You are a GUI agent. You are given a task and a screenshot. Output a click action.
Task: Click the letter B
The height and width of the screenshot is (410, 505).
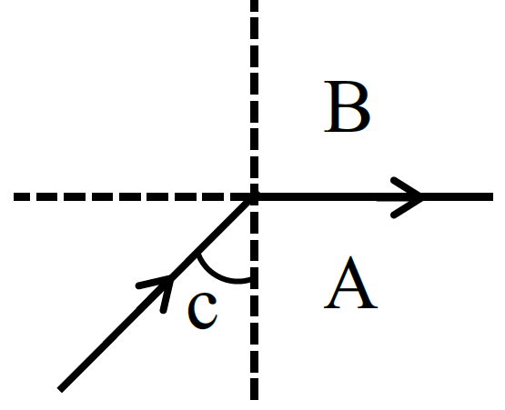click(x=347, y=106)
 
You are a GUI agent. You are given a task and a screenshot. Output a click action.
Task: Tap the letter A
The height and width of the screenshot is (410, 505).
click(x=350, y=283)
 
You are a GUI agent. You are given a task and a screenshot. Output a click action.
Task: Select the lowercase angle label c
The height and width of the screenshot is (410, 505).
click(x=203, y=311)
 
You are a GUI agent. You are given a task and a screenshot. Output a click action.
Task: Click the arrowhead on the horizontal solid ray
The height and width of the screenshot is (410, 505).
click(x=407, y=197)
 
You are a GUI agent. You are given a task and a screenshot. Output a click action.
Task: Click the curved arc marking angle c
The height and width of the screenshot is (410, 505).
click(x=219, y=275)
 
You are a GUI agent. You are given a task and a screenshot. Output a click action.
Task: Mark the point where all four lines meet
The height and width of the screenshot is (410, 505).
click(x=254, y=196)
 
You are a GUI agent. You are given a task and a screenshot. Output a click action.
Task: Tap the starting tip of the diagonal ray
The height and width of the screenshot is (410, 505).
click(x=60, y=390)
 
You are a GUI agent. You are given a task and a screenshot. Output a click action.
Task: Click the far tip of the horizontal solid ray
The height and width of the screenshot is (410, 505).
click(x=493, y=196)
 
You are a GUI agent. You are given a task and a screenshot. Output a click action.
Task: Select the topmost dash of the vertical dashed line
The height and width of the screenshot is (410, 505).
click(x=254, y=5)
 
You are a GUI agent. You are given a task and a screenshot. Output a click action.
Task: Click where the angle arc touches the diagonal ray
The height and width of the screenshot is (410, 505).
click(x=198, y=254)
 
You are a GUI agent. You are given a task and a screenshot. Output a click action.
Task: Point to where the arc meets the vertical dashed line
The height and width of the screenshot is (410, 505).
click(x=250, y=281)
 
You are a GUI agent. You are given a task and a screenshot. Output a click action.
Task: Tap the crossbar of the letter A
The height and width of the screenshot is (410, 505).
click(x=349, y=290)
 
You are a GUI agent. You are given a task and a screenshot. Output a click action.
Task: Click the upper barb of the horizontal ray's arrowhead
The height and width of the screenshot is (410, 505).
click(x=407, y=187)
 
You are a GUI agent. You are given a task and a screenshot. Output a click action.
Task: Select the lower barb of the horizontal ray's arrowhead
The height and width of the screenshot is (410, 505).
click(x=407, y=207)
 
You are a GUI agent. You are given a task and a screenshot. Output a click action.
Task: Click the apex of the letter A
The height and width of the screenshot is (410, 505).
click(x=351, y=257)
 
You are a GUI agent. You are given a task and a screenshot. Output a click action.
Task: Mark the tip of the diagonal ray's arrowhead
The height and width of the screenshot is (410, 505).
click(x=173, y=276)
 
